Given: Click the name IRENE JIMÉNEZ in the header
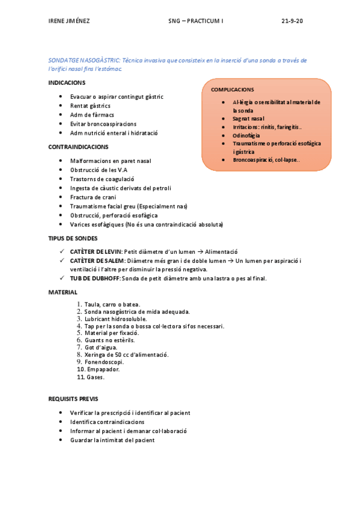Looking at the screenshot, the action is (x=69, y=21).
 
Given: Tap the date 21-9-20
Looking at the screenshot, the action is (x=293, y=21).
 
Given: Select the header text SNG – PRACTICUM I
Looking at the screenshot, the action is (x=195, y=21).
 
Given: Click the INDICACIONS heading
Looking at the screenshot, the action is (x=67, y=82).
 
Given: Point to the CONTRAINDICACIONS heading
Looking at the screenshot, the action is (x=78, y=147).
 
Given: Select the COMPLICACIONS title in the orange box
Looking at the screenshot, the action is (x=232, y=89).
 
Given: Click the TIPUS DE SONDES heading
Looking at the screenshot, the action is (x=72, y=239).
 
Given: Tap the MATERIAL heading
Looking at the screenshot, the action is (x=63, y=292).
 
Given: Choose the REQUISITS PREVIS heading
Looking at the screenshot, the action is (x=73, y=399).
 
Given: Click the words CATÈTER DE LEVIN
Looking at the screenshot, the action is (x=96, y=251).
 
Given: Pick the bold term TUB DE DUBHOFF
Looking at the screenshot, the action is (x=96, y=278).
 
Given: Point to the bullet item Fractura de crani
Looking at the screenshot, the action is (x=93, y=197).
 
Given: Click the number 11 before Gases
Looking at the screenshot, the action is (x=80, y=378).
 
